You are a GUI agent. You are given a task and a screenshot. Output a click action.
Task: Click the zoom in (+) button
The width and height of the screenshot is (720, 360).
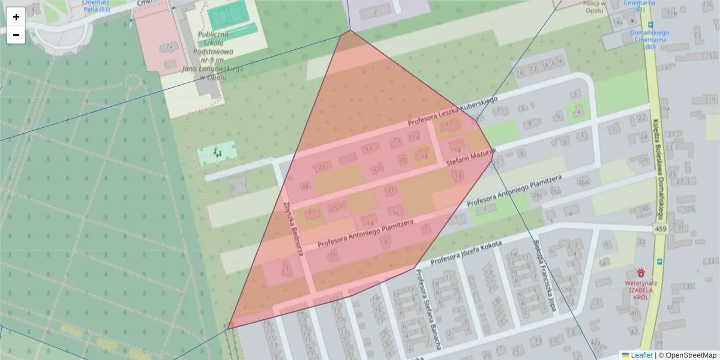[16, 17]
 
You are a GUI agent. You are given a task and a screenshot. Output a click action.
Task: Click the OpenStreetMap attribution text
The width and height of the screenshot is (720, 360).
[688, 355]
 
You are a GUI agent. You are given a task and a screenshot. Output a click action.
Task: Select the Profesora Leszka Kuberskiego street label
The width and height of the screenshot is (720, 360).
[454, 112]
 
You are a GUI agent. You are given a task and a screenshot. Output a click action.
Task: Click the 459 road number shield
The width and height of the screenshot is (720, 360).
[661, 230]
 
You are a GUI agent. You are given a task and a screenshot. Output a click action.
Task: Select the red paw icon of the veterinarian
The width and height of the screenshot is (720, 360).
[641, 272]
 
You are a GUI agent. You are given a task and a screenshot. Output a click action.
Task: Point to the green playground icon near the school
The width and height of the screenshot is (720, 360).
[217, 154]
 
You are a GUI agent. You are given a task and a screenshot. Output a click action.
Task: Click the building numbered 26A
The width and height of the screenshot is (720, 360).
[583, 182]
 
